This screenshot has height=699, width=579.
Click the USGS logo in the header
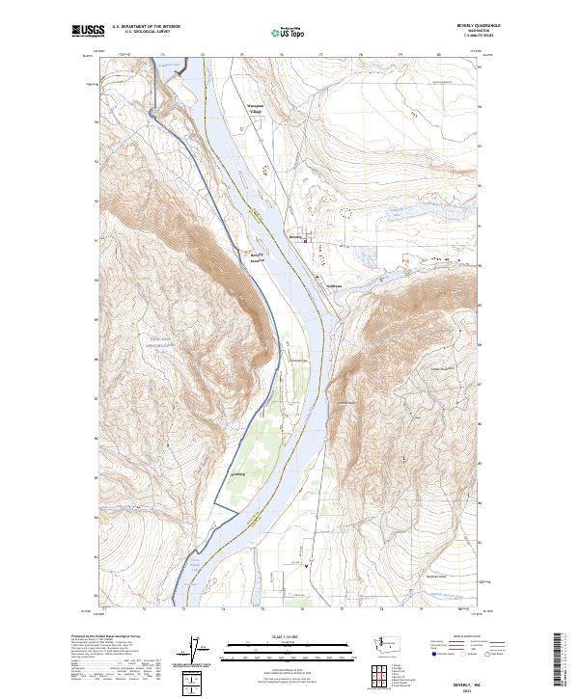tap(89, 32)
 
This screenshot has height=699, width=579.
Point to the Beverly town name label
tap(295, 234)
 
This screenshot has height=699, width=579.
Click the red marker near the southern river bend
tap(306, 566)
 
